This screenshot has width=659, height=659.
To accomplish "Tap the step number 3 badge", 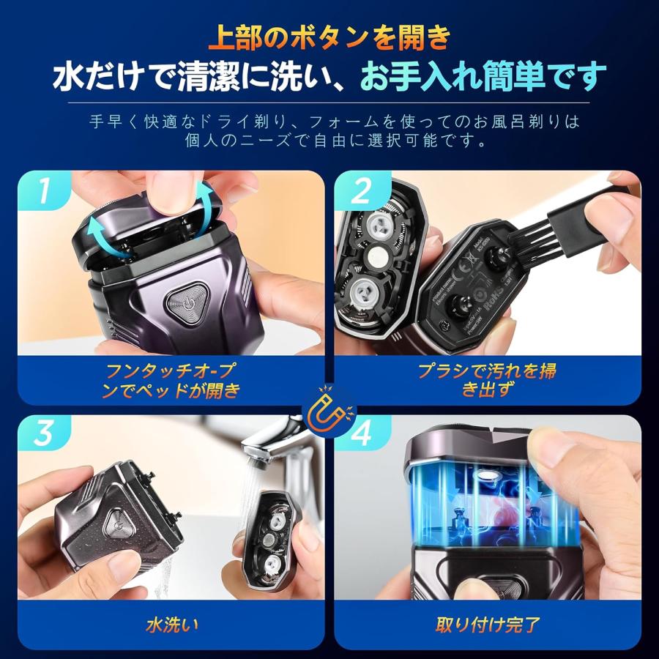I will [x=45, y=434].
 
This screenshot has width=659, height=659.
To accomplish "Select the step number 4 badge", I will [x=360, y=434].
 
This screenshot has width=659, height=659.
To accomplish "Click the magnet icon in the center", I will [x=329, y=415].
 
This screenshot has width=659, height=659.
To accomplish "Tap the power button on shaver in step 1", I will [x=182, y=300].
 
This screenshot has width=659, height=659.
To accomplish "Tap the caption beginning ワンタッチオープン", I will [x=171, y=380].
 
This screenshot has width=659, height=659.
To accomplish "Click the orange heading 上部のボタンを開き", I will [x=329, y=37].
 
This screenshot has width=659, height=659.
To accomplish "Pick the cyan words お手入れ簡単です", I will [x=484, y=75].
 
